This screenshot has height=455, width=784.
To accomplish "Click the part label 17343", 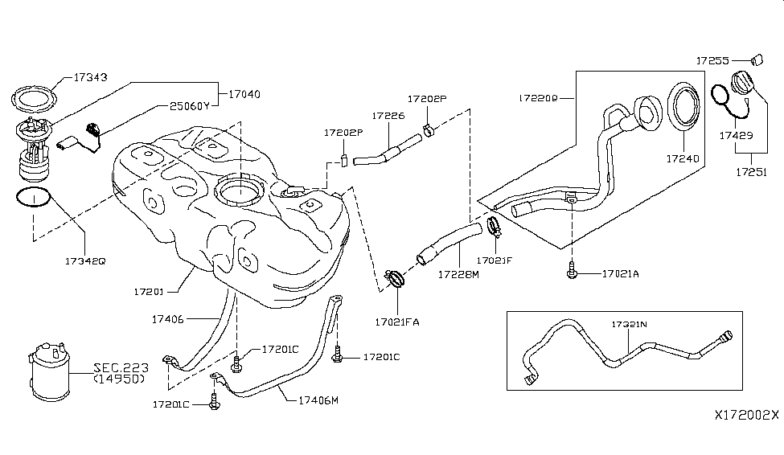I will click(x=92, y=78).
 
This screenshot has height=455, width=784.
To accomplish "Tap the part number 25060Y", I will click(x=190, y=105).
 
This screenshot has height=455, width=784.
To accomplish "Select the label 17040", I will click(x=244, y=94).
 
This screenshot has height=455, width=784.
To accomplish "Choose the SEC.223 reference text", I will click(x=118, y=367).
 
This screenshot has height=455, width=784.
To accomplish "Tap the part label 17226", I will click(x=388, y=116).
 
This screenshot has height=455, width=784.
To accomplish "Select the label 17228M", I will click(x=458, y=274).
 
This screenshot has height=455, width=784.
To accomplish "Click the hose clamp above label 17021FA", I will click(x=394, y=281).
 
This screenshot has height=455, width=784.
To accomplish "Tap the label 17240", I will click(x=683, y=160).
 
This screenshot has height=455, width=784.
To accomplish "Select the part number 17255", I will click(x=714, y=59).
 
